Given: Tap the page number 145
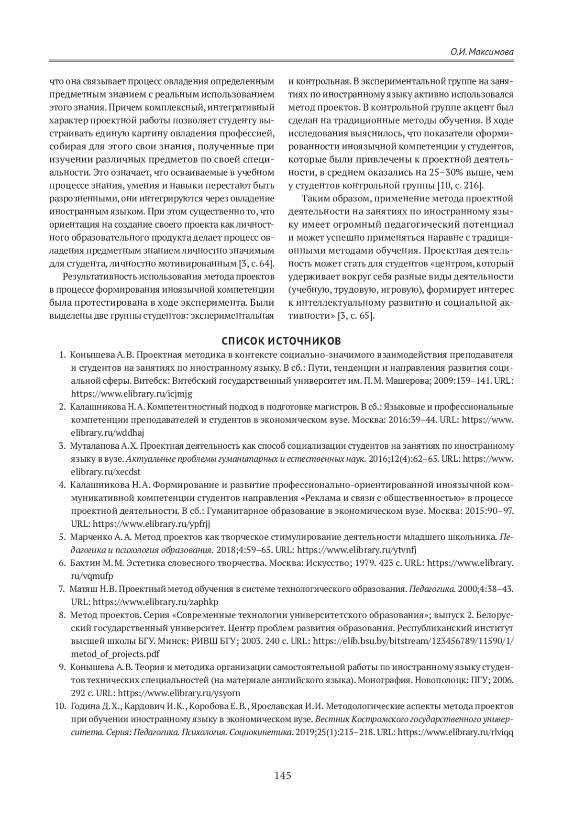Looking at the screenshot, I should pos(283,776).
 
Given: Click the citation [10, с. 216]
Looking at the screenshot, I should pos(461,186).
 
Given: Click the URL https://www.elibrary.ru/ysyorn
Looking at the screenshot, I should pos(179,693).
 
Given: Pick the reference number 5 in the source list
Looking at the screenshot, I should pos(62,537).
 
